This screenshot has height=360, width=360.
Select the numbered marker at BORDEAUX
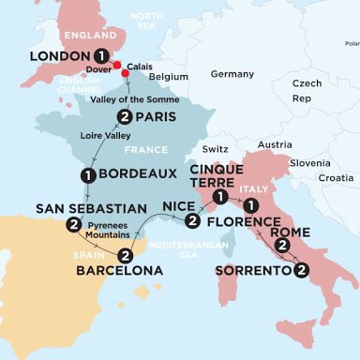point(86,175)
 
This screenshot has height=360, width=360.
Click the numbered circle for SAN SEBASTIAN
point(72,225)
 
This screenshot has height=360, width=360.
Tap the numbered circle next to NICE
point(192,221)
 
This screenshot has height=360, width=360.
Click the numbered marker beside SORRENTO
point(300,271)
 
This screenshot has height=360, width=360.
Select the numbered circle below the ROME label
point(280,246)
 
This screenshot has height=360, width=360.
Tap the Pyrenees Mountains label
point(114,232)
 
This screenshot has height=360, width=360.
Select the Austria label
point(274,144)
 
